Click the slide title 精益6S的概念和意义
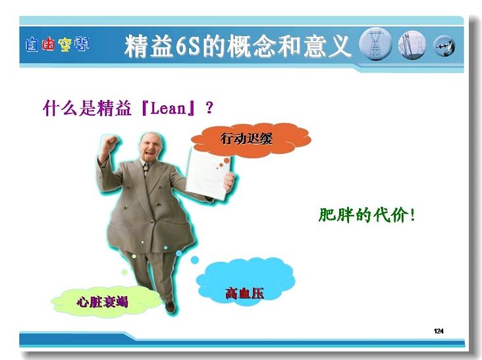pos(237,46)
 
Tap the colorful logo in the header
pos(57,45)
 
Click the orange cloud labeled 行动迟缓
pos(251,140)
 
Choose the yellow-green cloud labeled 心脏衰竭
pos(105,301)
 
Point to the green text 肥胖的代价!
pos(367,215)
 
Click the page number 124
pos(439,331)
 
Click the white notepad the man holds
pos(208,174)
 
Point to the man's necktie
pos(146,169)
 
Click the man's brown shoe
pos(170,306)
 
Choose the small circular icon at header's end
pos(444,46)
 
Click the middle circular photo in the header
pos(412,45)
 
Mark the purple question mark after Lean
pos(209,108)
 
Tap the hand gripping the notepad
pos(229,181)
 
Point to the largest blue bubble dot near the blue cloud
pos(195,260)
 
